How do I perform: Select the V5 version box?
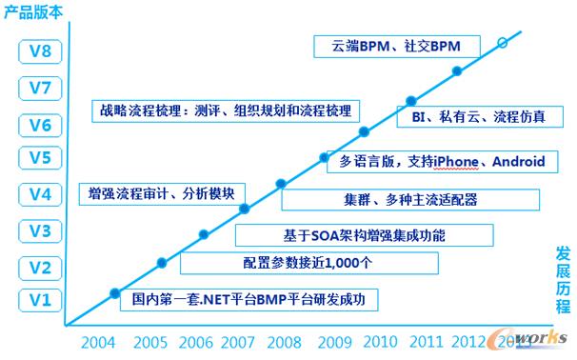click(37, 158)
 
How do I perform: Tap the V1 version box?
click(37, 301)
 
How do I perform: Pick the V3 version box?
click(37, 230)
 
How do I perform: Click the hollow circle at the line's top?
click(503, 42)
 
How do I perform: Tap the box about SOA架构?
click(365, 234)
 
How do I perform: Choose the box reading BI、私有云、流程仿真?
click(478, 116)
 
